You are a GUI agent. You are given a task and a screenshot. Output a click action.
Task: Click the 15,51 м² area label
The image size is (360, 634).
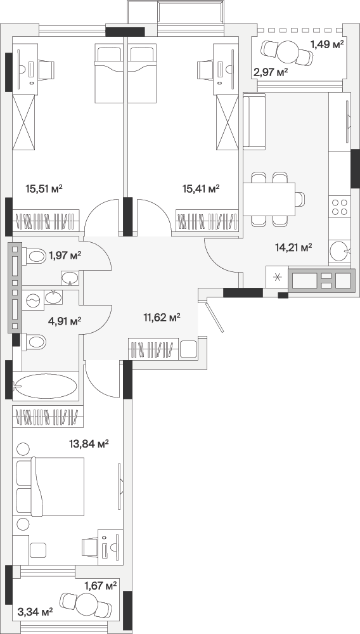(44, 188)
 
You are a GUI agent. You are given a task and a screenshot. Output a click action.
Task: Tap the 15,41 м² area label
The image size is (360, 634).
(201, 188)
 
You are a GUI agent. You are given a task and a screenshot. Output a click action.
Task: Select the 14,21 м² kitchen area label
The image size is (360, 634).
(293, 247)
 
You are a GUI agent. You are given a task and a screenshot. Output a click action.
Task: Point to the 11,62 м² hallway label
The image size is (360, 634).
(162, 317)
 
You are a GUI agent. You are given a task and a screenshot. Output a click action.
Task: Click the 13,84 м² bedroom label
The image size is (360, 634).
(89, 444)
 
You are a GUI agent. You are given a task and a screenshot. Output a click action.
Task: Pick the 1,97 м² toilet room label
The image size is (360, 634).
(65, 255)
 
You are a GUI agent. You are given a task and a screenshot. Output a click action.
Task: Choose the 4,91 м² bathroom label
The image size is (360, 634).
(64, 321)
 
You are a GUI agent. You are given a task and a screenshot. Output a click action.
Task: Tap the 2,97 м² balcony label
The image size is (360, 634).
(270, 72)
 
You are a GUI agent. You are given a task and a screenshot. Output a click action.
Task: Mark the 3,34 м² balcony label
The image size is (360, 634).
(35, 612)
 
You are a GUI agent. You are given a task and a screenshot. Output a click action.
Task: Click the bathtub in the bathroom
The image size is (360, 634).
(46, 386)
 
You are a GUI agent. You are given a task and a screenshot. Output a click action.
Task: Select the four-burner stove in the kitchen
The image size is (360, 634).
(339, 207)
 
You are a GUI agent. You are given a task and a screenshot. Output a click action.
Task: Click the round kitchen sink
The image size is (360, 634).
(338, 251)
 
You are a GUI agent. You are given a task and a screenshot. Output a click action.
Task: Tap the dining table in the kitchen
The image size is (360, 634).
(269, 199)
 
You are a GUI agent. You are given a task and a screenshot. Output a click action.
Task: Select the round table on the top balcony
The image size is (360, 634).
(288, 52)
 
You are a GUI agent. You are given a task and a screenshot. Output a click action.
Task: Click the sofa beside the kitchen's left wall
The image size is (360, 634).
(254, 121)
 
